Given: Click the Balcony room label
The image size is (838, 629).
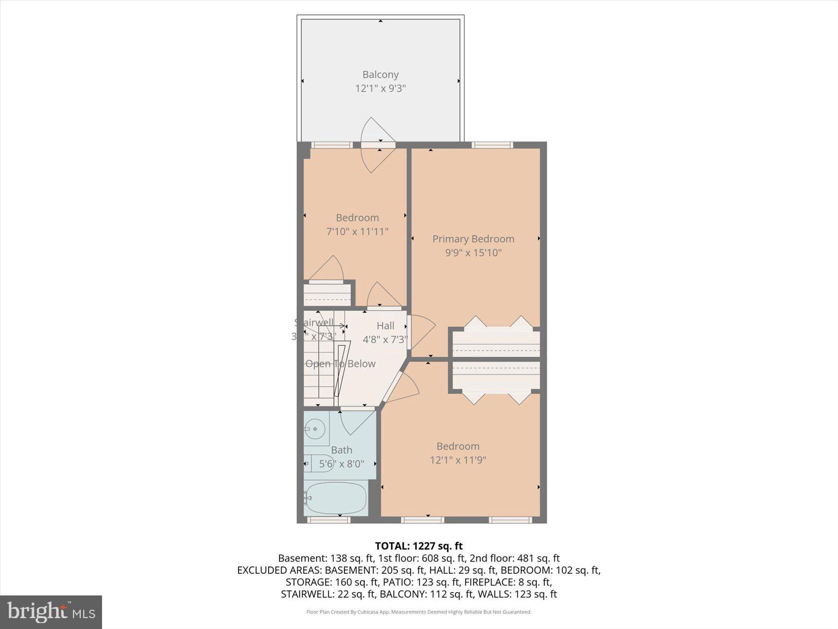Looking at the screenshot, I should click(380, 74).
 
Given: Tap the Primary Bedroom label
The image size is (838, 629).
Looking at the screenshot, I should click(473, 239).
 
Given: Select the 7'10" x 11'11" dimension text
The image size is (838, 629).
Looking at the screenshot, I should click(357, 231).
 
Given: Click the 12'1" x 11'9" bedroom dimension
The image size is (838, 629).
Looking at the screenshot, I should click(458, 460).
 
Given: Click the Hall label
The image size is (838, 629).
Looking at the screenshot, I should click(385, 326).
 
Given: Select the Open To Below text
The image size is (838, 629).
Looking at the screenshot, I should click(340, 364).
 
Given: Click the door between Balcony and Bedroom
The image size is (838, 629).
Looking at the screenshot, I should click(378, 145).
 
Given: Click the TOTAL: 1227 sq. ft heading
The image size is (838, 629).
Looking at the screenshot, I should click(419, 546).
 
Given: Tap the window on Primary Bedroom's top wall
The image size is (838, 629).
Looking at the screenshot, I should click(492, 145).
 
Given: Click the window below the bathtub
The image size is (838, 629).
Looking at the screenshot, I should click(329, 520).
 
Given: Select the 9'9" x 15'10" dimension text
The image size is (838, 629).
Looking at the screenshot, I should click(473, 253).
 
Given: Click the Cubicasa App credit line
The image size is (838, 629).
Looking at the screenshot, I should click(419, 612).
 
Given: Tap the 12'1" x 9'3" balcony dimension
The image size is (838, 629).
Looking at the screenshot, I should click(380, 89).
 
